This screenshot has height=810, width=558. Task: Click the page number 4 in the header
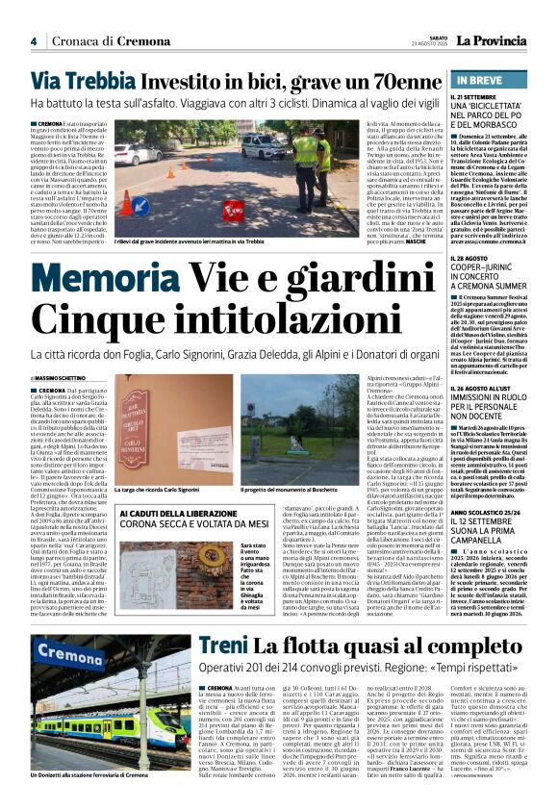tap(33, 41)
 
